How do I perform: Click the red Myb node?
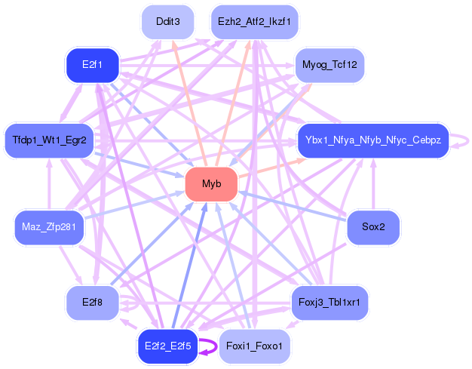tap(211, 184)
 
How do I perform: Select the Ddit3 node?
tap(167, 22)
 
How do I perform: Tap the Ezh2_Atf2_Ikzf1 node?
tap(254, 22)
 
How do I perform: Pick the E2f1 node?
tap(93, 66)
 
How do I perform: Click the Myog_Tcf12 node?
tap(329, 66)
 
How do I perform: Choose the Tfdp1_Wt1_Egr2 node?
tap(49, 140)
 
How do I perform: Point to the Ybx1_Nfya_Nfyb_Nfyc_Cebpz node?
tap(373, 140)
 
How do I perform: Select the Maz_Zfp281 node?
tap(49, 227)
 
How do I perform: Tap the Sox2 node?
tap(373, 227)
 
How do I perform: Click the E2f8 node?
tap(93, 303)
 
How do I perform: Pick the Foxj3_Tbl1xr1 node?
tap(329, 303)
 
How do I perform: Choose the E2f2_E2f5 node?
tap(167, 346)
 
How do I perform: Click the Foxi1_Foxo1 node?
tap(254, 346)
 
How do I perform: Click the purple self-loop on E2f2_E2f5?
tap(216, 346)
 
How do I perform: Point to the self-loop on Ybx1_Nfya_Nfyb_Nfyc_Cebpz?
tap(468, 141)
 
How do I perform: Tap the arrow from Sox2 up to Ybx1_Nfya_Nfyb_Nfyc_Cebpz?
tap(373, 184)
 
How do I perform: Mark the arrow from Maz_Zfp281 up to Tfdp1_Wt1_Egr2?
tap(49, 184)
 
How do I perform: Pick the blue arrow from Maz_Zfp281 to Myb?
tap(134, 204)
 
